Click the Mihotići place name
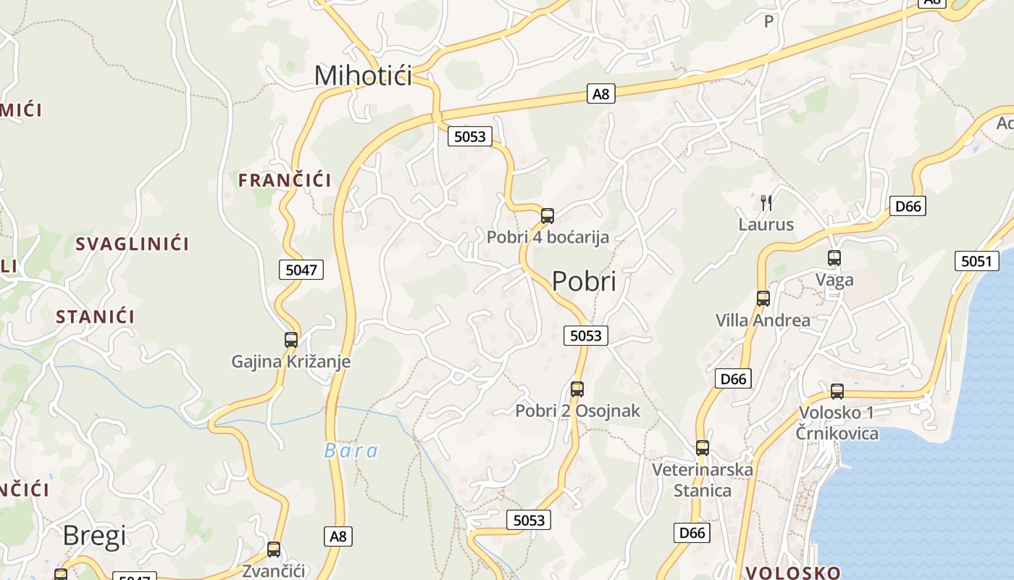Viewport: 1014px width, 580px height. (363, 75)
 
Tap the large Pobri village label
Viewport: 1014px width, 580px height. (584, 281)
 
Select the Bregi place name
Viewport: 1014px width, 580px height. (94, 536)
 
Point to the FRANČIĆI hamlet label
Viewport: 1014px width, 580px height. (285, 181)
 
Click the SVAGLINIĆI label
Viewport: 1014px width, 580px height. (133, 244)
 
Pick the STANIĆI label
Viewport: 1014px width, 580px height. (96, 317)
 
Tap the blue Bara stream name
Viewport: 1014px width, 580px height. (351, 451)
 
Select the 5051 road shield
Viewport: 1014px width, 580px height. (976, 261)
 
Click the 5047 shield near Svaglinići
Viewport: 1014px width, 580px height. (301, 270)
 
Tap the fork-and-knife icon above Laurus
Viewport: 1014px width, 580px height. (766, 202)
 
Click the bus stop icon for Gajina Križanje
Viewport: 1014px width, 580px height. (291, 339)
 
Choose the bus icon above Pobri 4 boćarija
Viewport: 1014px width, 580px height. (548, 215)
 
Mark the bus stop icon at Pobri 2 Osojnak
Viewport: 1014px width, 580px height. (577, 389)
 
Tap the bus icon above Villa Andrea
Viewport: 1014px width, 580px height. (763, 298)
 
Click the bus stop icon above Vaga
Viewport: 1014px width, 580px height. (834, 257)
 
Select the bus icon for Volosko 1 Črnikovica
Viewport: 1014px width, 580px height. (837, 391)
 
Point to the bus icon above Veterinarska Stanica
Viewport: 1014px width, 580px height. (703, 447)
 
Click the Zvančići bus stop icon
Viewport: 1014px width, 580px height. (274, 549)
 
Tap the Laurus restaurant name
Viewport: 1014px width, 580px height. (766, 225)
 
